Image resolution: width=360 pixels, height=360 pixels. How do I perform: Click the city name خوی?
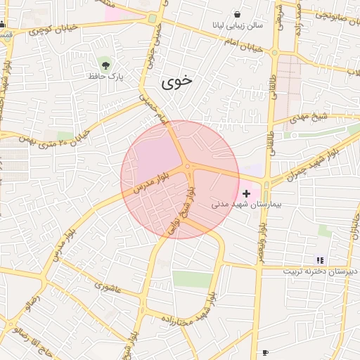pos(176,82)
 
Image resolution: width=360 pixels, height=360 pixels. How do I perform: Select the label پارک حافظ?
pos(105,75)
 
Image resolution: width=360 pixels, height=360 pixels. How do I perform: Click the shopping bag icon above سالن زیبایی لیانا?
pos(237,14)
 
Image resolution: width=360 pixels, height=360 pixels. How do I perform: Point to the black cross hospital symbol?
pos(246,193)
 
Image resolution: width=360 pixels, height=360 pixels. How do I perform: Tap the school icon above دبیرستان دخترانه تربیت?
pos(321,260)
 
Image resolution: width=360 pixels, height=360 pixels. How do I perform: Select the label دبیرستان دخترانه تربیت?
pos(321,271)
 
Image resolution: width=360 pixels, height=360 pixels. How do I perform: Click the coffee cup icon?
pos(265,352)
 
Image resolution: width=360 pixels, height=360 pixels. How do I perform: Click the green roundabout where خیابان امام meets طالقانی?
pos(276,52)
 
